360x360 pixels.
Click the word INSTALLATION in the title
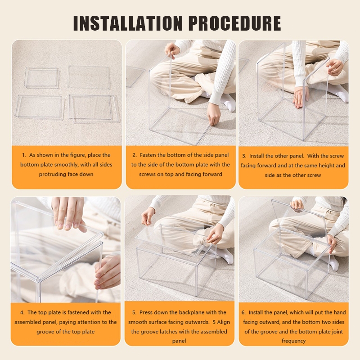(x=128, y=23)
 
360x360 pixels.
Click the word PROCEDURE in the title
(x=235, y=23)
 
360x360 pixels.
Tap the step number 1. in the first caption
(x=24, y=155)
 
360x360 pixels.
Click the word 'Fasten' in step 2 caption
(x=148, y=155)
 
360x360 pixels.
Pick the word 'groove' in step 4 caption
(x=45, y=332)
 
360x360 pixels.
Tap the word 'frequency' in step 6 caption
(x=293, y=341)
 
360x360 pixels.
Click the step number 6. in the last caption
(x=243, y=312)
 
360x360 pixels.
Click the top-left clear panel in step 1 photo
(x=42, y=78)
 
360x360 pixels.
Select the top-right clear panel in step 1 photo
(x=89, y=77)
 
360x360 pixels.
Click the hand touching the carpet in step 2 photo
(x=214, y=114)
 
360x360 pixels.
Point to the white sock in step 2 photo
(x=227, y=102)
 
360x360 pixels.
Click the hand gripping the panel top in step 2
(x=172, y=51)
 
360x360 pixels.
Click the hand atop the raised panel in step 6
(x=297, y=205)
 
